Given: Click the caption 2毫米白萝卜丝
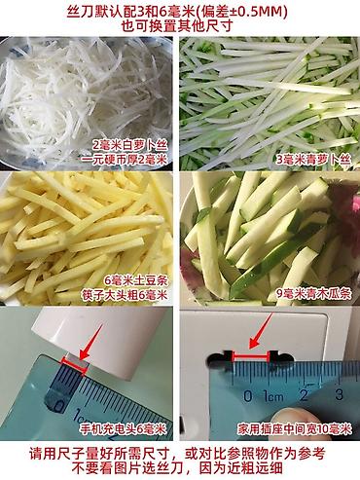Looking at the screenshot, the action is pos(129,145).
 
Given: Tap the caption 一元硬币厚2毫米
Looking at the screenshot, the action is pos(125,160).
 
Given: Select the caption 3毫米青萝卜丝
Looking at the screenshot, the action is pos(313,160).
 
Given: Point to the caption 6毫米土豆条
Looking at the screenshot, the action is pos(135,280).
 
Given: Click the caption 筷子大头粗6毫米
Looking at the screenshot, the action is pos(125,295).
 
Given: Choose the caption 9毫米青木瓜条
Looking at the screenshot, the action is pos(313,294).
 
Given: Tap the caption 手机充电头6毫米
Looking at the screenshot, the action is pos(123,429).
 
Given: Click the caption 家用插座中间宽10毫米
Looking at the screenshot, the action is pos(295,429).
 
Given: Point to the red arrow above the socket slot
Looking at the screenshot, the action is pos(260,331).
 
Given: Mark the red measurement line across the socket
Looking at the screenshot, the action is pos(250,357).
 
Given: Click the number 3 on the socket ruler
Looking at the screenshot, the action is pos(339,395).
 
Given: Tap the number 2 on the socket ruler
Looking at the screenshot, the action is pos(304,395).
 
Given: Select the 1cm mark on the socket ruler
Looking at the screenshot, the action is pos(273,396).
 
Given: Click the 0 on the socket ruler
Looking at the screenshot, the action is pos(247,396).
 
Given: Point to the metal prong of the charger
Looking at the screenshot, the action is pos(75,364).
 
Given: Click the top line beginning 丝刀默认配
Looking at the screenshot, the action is pos(177,13).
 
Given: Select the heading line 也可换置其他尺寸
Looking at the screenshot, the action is pos(177,26).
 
